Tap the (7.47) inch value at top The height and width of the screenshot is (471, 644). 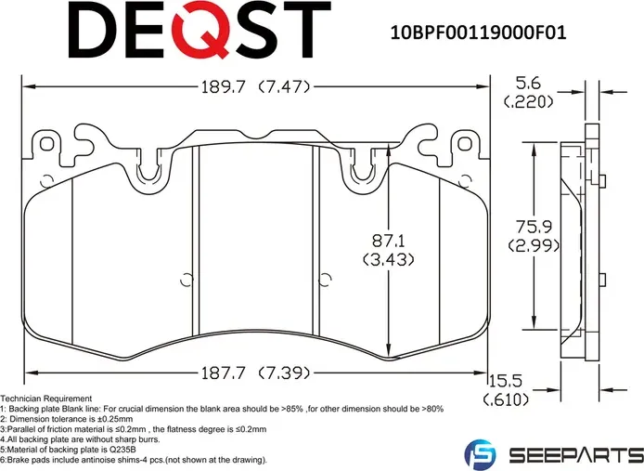tap(282, 88)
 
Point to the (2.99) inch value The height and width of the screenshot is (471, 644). tap(533, 245)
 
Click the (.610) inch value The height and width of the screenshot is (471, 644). tap(508, 401)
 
